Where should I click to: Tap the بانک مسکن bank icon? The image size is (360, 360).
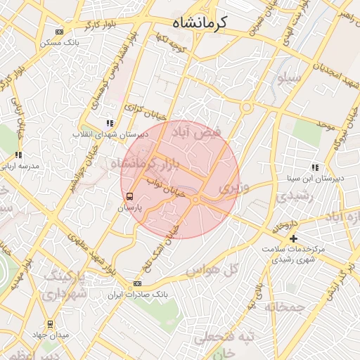tap(59, 31)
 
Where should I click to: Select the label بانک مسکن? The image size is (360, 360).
tap(60, 42)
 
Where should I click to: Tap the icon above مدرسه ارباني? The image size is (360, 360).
tap(18, 155)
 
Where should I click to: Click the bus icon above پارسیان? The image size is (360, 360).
tap(129, 197)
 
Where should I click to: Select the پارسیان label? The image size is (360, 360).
tap(129, 209)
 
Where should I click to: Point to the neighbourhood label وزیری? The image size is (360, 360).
tap(233, 188)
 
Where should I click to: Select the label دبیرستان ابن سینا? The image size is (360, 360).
tap(314, 178)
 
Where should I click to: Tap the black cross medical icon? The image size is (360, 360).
tap(293, 238)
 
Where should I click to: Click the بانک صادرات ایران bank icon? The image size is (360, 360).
tap(137, 283)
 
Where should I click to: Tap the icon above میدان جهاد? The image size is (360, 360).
tap(50, 324)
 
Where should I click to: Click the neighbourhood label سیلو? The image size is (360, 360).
tap(290, 79)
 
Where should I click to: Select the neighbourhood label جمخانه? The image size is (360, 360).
tap(285, 307)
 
